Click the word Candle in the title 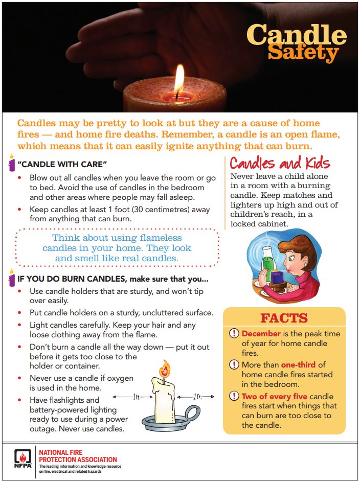click(x=297, y=34)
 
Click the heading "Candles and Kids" click(x=280, y=164)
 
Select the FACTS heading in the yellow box click(x=284, y=318)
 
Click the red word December click(x=261, y=334)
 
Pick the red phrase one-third click(x=299, y=365)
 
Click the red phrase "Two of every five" click(x=275, y=397)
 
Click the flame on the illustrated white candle click(x=165, y=367)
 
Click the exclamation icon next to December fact click(x=234, y=334)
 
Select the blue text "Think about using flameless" click(x=117, y=238)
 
